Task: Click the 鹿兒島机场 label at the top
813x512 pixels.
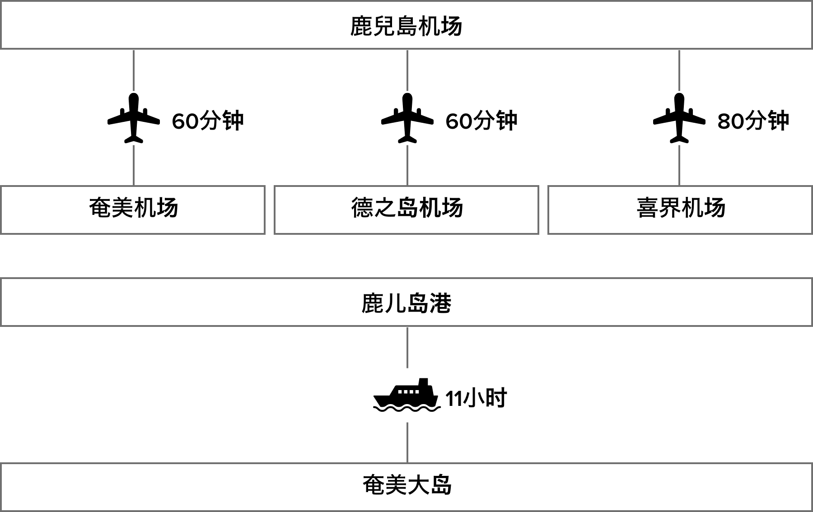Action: pyautogui.click(x=406, y=26)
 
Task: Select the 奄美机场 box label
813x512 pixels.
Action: pyautogui.click(x=134, y=208)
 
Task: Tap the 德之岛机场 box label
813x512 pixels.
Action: pyautogui.click(x=407, y=208)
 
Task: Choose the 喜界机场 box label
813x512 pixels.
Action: pyautogui.click(x=681, y=208)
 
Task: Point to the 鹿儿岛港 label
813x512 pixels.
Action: pyautogui.click(x=406, y=303)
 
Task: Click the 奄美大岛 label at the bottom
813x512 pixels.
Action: pyautogui.click(x=407, y=485)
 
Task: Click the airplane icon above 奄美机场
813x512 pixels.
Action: pyautogui.click(x=134, y=118)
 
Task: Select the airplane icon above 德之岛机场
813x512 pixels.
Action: pyautogui.click(x=407, y=118)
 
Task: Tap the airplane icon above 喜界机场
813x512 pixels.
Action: pyautogui.click(x=679, y=118)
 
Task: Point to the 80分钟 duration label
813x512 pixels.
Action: pyautogui.click(x=753, y=121)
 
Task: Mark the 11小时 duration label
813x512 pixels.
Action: pyautogui.click(x=476, y=398)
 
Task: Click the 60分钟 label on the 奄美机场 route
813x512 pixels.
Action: pyautogui.click(x=208, y=121)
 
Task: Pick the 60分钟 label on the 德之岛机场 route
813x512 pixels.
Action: pyautogui.click(x=481, y=121)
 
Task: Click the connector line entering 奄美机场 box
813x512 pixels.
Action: pyautogui.click(x=134, y=165)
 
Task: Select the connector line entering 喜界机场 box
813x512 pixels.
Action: pyautogui.click(x=679, y=165)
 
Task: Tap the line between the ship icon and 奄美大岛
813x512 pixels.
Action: pyautogui.click(x=407, y=442)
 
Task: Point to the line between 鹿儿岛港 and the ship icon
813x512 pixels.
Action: pyautogui.click(x=407, y=347)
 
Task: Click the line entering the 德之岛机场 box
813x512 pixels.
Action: pyautogui.click(x=407, y=165)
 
